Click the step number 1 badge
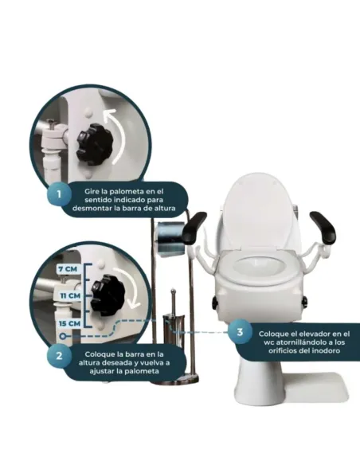click(x=59, y=194)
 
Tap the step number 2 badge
click(x=59, y=356)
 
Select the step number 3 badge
click(x=240, y=332)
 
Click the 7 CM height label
click(x=68, y=269)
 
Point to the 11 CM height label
click(x=69, y=295)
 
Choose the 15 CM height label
click(x=69, y=323)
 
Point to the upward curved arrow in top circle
click(x=118, y=135)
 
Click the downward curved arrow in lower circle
click(x=133, y=285)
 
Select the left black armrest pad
click(x=193, y=227)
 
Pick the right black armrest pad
click(x=323, y=227)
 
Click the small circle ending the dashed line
click(x=62, y=337)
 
